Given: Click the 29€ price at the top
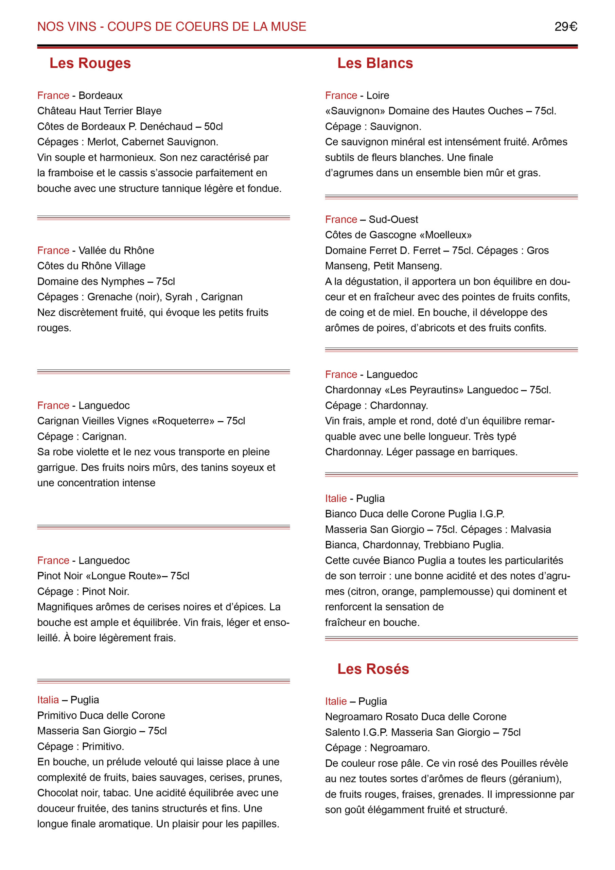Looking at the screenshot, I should coord(565,27).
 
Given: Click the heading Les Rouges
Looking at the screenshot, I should coord(90,63).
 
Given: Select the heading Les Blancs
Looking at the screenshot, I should coord(375,63).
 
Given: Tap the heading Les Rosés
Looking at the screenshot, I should coord(373,669).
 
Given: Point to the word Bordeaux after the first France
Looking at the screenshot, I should coord(101,95).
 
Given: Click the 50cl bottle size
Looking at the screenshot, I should coord(213,126).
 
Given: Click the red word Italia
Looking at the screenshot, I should coord(48,700).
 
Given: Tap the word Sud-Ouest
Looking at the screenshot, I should coord(393,220).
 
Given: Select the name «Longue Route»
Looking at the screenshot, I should coord(124,576).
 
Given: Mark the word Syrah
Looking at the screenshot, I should coord(178,297).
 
